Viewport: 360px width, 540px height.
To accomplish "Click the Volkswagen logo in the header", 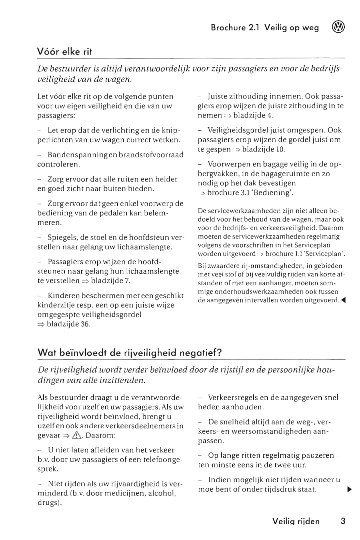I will tap(338, 27).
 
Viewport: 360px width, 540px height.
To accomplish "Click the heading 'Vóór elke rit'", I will tap(65, 52).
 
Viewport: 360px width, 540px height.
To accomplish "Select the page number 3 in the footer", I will tap(343, 521).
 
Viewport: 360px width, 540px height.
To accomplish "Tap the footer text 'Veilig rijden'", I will tap(296, 521).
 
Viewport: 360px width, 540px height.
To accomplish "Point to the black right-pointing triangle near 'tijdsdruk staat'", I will tap(350, 489).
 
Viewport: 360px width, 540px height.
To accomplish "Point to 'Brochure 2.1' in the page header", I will tap(235, 28).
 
